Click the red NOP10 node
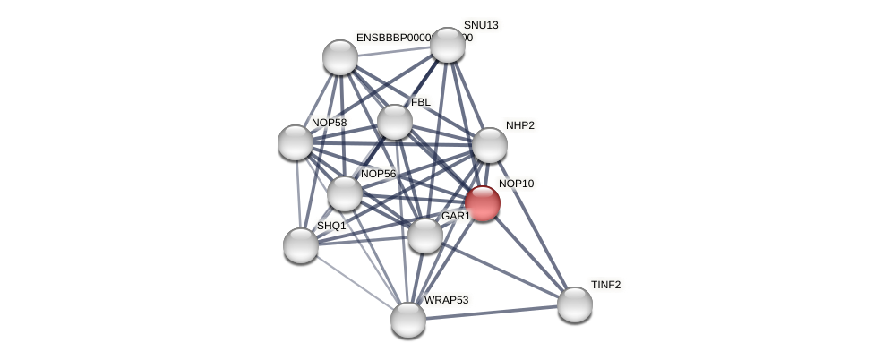pyautogui.click(x=482, y=203)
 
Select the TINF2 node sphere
pyautogui.click(x=575, y=304)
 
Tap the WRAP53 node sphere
pyautogui.click(x=408, y=320)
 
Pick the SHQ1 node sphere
pyautogui.click(x=301, y=245)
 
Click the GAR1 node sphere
pyautogui.click(x=425, y=236)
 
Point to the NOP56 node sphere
pyautogui.click(x=345, y=193)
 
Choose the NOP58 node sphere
pyautogui.click(x=296, y=142)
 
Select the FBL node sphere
pyautogui.click(x=395, y=122)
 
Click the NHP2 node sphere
pyautogui.click(x=490, y=145)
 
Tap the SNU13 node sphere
pyautogui.click(x=448, y=45)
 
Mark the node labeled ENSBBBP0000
pyautogui.click(x=340, y=57)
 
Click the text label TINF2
pyautogui.click(x=605, y=285)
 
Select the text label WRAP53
pyautogui.click(x=446, y=300)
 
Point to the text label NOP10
pyautogui.click(x=516, y=184)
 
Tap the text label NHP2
pyautogui.click(x=519, y=125)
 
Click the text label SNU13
pyautogui.click(x=481, y=25)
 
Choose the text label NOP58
pyautogui.click(x=329, y=123)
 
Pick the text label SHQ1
pyautogui.click(x=331, y=226)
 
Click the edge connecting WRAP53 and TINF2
pyautogui.click(x=492, y=313)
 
